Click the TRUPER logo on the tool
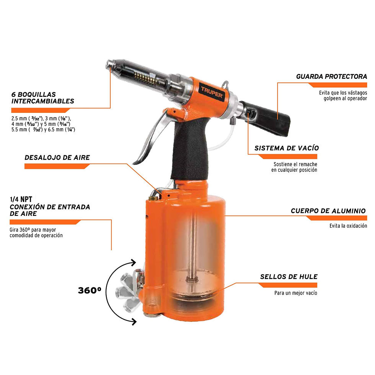point(211,92)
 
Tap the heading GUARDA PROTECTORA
point(331,77)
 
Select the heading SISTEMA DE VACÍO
point(287,148)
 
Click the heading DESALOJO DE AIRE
point(57,157)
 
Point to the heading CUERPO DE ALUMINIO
point(328,211)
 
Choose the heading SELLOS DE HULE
point(289,277)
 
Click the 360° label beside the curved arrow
point(90,290)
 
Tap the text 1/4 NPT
point(21,199)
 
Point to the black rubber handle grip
point(189,148)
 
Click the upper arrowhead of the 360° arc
point(133,262)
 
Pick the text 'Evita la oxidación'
point(348,226)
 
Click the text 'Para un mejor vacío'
point(295,293)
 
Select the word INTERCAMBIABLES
point(43,101)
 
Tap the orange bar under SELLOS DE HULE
point(288,285)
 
